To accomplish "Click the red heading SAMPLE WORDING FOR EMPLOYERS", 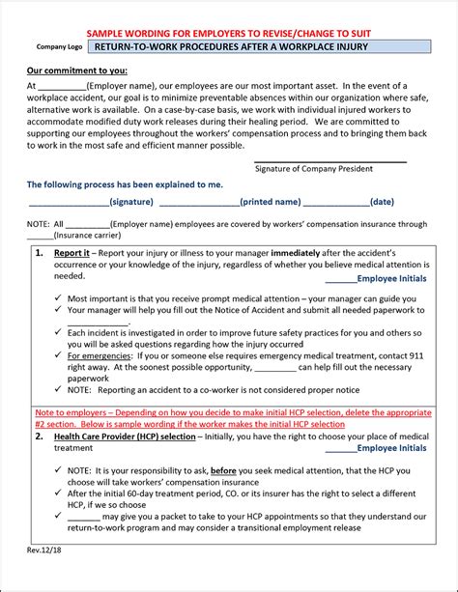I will (229, 33).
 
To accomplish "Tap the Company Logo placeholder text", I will (58, 46).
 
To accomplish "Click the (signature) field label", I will (130, 203).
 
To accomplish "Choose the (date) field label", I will (382, 203).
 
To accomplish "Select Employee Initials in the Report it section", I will (391, 278).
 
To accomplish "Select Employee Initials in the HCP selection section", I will (391, 448).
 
